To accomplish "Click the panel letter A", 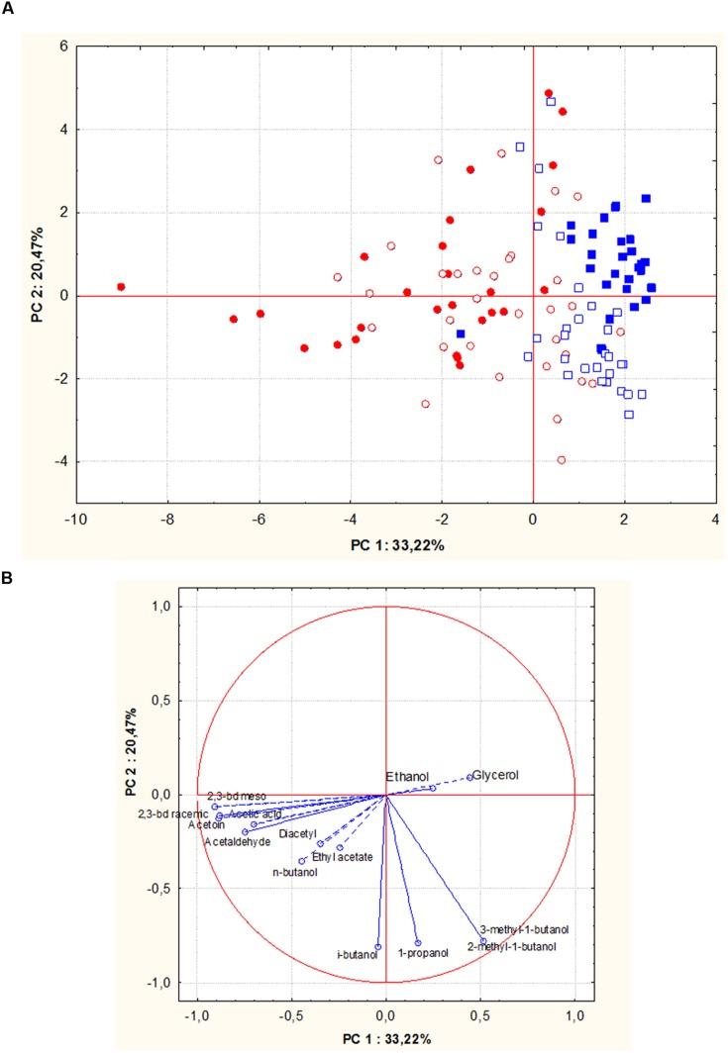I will pyautogui.click(x=8, y=8).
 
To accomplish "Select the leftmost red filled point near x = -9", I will pyautogui.click(x=121, y=287).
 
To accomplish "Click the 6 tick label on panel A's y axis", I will pyautogui.click(x=60, y=47).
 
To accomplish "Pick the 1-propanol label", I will pyautogui.click(x=424, y=953).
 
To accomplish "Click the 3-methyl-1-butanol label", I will pyautogui.click(x=524, y=930).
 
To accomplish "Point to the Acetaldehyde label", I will pyautogui.click(x=237, y=842).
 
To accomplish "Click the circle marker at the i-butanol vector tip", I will pyautogui.click(x=377, y=947).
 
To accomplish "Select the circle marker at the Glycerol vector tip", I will pyautogui.click(x=469, y=777).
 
